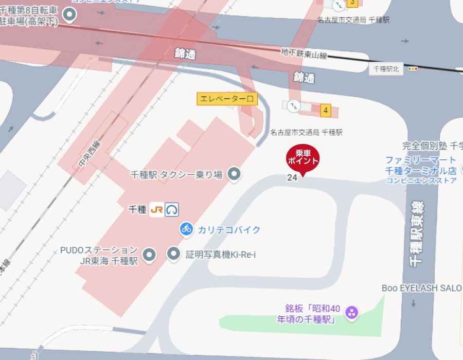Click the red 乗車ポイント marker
click(302, 157)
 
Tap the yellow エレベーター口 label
click(227, 99)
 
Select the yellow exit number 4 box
click(325, 110)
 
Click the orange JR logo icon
click(156, 209)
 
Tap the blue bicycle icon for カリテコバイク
click(186, 229)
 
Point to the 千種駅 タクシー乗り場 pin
click(235, 174)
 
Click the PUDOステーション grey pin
click(149, 254)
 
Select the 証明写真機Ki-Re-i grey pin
click(174, 253)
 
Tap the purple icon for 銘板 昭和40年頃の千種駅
click(352, 312)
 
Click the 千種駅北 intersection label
click(386, 69)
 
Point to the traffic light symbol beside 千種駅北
click(413, 69)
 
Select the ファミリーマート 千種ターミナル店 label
click(421, 165)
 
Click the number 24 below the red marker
click(292, 177)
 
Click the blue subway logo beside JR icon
click(171, 209)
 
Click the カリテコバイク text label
click(229, 229)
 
